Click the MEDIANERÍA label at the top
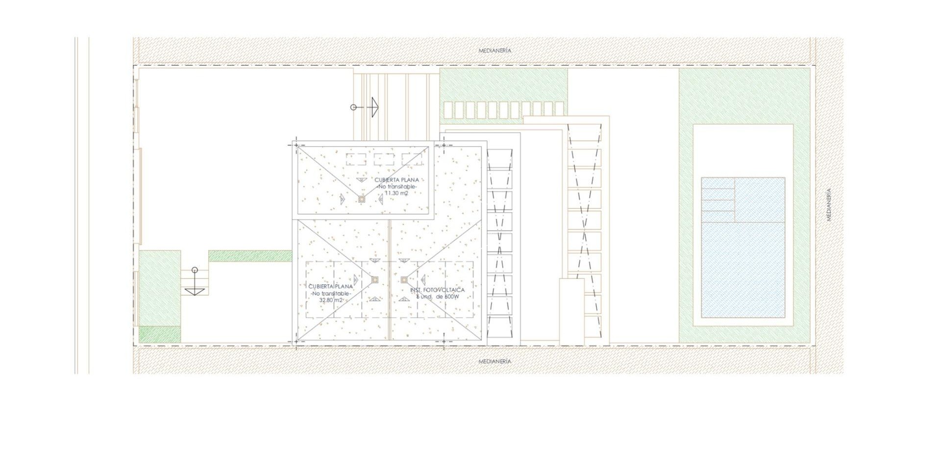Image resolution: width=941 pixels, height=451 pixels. coord(495,50)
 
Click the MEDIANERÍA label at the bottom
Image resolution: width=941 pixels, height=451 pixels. coord(495,361)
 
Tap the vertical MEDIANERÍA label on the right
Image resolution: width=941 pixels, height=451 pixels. coord(829,205)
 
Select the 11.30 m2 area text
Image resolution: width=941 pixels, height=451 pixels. coord(396,193)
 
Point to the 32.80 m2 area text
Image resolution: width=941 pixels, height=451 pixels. coord(331,300)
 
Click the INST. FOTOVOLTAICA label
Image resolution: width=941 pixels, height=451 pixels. coord(437,290)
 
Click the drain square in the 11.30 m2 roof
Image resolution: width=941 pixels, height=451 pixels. coord(361,199)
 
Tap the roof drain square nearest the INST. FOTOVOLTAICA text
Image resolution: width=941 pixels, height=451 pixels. coord(404,280)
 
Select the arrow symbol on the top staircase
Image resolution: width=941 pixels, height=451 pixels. coord(372,107)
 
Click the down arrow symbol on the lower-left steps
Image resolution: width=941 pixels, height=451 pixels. coord(195,291)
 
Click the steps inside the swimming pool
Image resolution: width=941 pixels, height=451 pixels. coord(718,200)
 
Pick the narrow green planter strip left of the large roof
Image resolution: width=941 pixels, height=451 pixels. coord(250,256)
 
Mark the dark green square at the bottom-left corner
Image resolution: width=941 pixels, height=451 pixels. coord(160,334)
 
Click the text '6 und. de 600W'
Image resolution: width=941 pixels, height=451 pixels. coord(437,297)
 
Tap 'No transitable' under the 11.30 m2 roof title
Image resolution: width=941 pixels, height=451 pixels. coord(396,187)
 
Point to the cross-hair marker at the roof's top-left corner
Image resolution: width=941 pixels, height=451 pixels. coord(297,146)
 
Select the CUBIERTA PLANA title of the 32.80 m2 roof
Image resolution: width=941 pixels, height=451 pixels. coord(331,286)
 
